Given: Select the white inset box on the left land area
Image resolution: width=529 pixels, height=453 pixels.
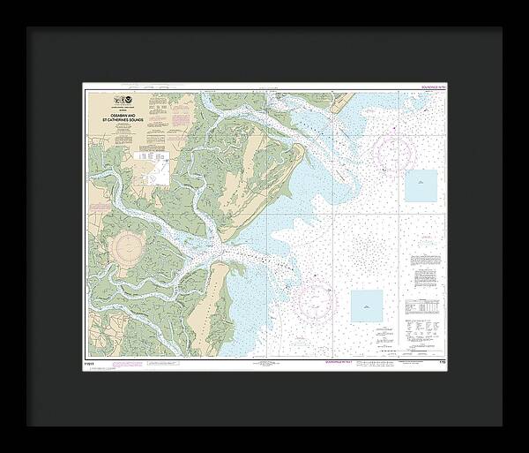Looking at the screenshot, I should [x=159, y=171].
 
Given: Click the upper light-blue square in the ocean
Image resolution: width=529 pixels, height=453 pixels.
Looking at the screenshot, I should [x=421, y=185].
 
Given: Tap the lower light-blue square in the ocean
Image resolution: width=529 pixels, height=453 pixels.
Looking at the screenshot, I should [x=367, y=306].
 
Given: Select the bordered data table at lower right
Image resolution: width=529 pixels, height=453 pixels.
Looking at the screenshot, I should [x=422, y=305].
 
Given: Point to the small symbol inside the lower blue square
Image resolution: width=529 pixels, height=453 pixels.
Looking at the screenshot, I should [x=367, y=305].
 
